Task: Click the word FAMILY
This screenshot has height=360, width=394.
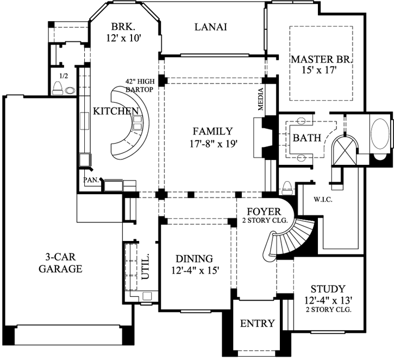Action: (x=212, y=131)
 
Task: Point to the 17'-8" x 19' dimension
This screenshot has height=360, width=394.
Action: (x=212, y=144)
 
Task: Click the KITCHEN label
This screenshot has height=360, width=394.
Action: (x=116, y=111)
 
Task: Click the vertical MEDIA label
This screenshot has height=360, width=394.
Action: (x=261, y=99)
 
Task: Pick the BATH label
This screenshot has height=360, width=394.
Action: (x=307, y=138)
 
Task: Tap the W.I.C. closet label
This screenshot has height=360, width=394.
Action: (x=323, y=199)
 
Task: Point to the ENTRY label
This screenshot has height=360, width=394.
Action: (x=257, y=323)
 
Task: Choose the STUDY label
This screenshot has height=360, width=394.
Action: (x=328, y=289)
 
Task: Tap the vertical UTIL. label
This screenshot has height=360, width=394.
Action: (x=146, y=266)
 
